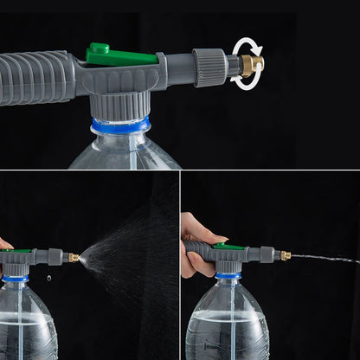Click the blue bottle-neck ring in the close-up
121,126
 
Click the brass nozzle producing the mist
74,257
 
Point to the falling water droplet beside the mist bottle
48,278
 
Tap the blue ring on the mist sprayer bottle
16,279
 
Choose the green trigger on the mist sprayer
17,251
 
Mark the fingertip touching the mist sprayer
3,244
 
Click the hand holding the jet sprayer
195,239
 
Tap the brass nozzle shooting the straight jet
285,255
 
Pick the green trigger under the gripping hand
228,247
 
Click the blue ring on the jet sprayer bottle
228,275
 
